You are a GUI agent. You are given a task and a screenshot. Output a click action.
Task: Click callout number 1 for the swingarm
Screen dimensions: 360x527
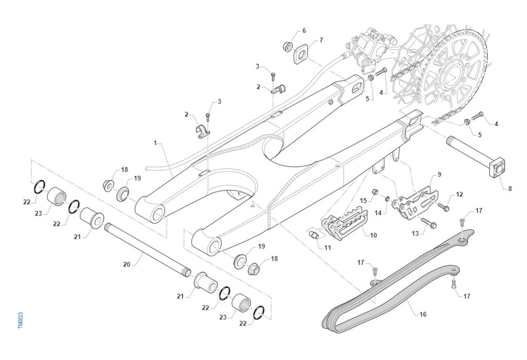point(155,143)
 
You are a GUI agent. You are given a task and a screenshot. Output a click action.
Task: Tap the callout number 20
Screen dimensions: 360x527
point(126,265)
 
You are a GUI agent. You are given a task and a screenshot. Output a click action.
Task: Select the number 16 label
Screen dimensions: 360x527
point(423,314)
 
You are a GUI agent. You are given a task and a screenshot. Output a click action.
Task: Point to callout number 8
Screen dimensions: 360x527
point(510,189)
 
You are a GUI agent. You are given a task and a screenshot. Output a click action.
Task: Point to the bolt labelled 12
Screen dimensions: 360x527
point(443,205)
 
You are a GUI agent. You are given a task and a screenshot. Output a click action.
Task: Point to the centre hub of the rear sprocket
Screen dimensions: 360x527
point(452,79)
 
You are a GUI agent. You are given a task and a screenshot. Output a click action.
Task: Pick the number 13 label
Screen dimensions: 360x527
point(415,234)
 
